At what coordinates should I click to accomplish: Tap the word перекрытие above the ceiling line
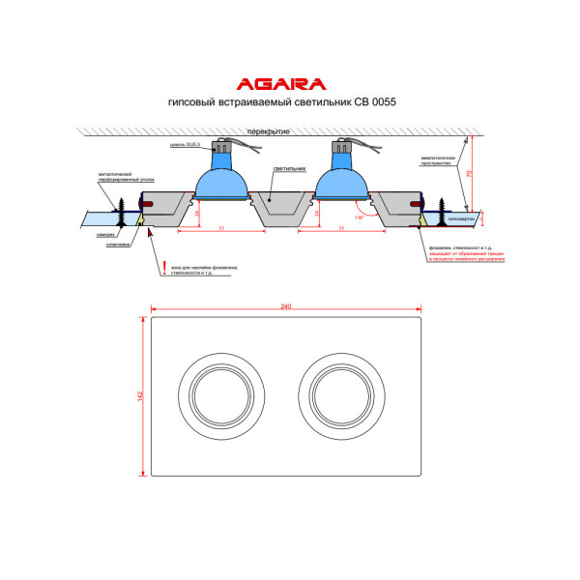[266, 130]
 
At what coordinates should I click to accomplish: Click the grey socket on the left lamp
[223, 149]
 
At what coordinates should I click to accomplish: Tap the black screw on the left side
[124, 207]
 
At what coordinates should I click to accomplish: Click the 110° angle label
[360, 218]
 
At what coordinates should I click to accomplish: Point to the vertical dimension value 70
[469, 173]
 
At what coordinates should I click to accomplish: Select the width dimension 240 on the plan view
[286, 306]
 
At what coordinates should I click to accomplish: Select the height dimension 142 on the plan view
[142, 395]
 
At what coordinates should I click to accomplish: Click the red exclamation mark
[164, 265]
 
